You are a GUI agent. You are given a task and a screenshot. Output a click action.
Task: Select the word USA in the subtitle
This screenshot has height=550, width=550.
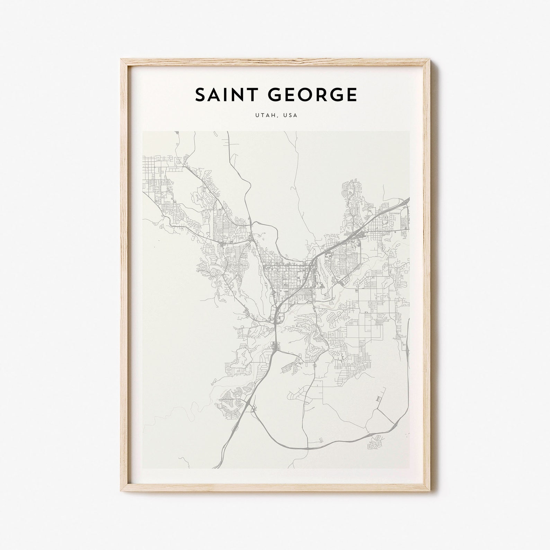tap(290, 115)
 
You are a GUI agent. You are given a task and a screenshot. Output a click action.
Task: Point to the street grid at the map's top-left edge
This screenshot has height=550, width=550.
tap(152, 173)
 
